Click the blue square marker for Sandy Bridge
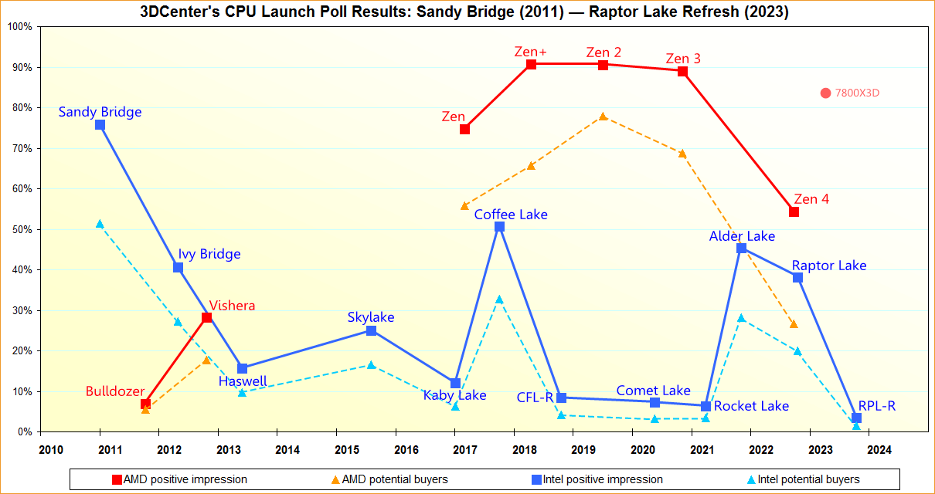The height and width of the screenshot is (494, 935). click(x=100, y=124)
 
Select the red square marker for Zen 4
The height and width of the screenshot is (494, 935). click(x=794, y=211)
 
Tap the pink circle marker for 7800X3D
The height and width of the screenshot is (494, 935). click(x=825, y=93)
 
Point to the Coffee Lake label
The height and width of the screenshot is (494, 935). click(x=511, y=215)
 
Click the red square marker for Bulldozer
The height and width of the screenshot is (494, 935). click(x=145, y=404)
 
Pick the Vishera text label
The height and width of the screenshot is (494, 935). click(x=232, y=306)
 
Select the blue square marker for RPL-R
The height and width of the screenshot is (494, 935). click(x=856, y=418)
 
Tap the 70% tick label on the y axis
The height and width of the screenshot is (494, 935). click(x=19, y=148)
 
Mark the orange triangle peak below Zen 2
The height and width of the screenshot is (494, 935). click(x=603, y=117)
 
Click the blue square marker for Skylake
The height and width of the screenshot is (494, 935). click(x=371, y=330)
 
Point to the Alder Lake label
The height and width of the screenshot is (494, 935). click(x=742, y=236)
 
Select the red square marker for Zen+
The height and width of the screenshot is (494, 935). click(x=531, y=64)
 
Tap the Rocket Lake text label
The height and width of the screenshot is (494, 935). click(x=751, y=406)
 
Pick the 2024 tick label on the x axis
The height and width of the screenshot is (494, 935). click(x=879, y=449)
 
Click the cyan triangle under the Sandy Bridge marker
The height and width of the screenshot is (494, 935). click(x=100, y=224)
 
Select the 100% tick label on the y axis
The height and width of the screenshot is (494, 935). click(x=19, y=26)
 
